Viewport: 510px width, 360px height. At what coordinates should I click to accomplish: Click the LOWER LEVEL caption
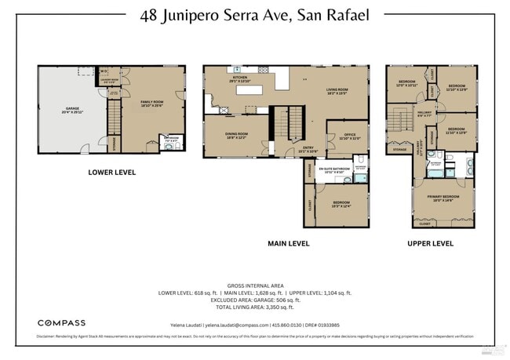pos(111,173)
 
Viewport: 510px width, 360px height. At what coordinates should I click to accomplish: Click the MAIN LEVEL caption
pos(288,243)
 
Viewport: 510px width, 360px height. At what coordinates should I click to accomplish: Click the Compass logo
pos(62,322)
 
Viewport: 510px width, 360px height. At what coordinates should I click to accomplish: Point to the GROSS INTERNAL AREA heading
pos(255,285)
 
